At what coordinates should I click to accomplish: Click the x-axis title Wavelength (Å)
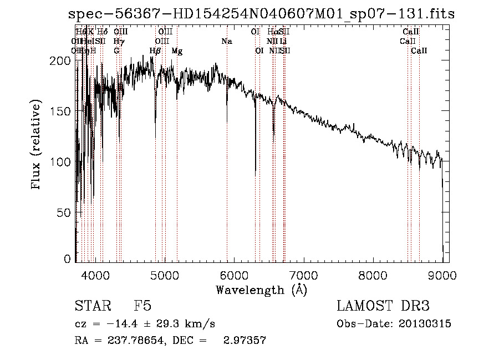pos(261,289)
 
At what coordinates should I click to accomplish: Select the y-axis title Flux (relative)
pos(37,145)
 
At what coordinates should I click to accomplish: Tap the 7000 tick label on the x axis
pos(303,275)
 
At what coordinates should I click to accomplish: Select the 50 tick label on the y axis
pos(66,213)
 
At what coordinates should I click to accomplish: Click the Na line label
pos(227,42)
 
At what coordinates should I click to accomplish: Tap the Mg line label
pos(177,51)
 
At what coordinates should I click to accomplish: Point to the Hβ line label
pos(155,51)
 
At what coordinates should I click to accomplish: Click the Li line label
pos(283,42)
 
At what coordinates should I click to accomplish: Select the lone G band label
pos(116,51)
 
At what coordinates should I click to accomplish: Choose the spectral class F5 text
pos(142,306)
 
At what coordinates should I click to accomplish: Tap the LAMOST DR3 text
pos(383,306)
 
